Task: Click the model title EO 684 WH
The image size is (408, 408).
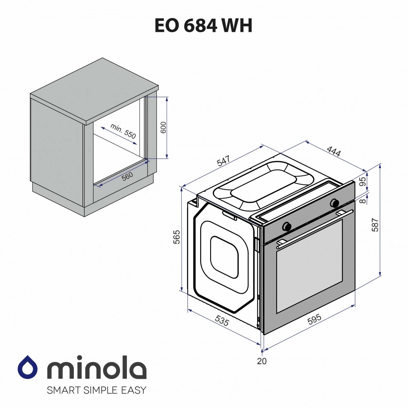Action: pos(204,26)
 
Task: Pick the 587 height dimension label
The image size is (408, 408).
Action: pos(376,225)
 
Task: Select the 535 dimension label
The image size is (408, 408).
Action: pos(221,321)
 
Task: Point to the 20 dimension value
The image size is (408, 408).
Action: pos(262,361)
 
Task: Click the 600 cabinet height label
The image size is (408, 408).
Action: pos(163,128)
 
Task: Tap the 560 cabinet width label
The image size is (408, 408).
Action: pos(127,177)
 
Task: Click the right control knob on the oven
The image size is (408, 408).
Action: pos(335,202)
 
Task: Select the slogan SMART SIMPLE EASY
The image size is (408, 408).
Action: pos(96,390)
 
